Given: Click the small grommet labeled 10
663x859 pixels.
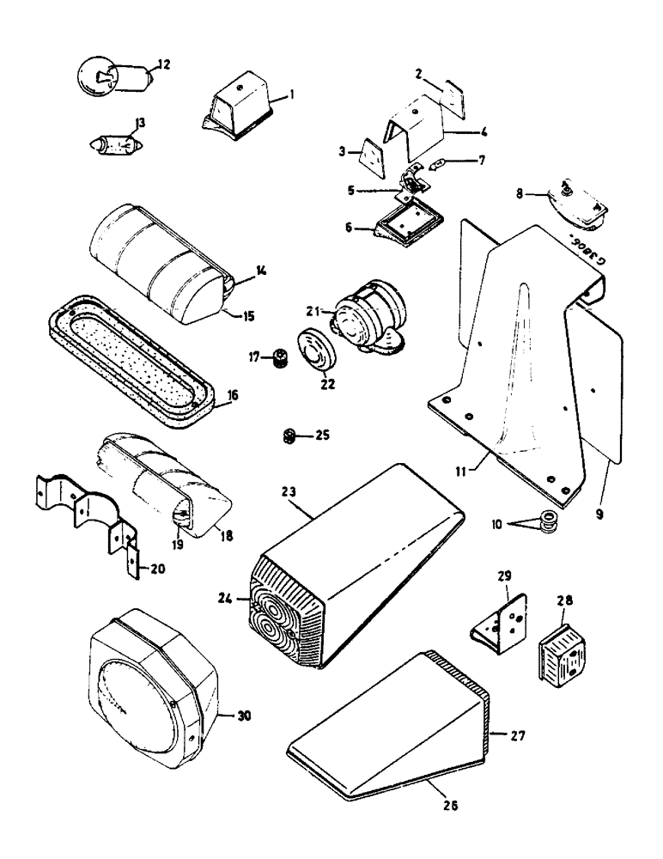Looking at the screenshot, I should pos(546,519).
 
